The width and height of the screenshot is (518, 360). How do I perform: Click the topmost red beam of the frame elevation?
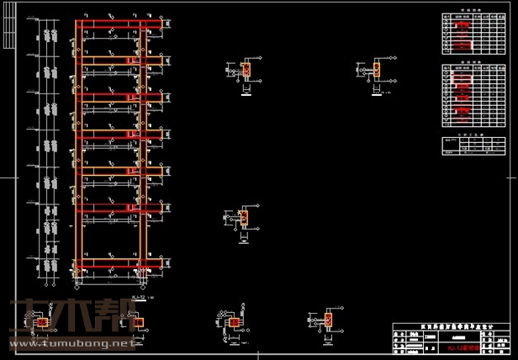pos(113,24)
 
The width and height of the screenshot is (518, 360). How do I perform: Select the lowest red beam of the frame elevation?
pos(113,266)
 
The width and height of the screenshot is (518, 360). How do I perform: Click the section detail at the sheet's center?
pos(244,219)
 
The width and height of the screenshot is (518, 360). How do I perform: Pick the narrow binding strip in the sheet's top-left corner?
pos(8,34)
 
